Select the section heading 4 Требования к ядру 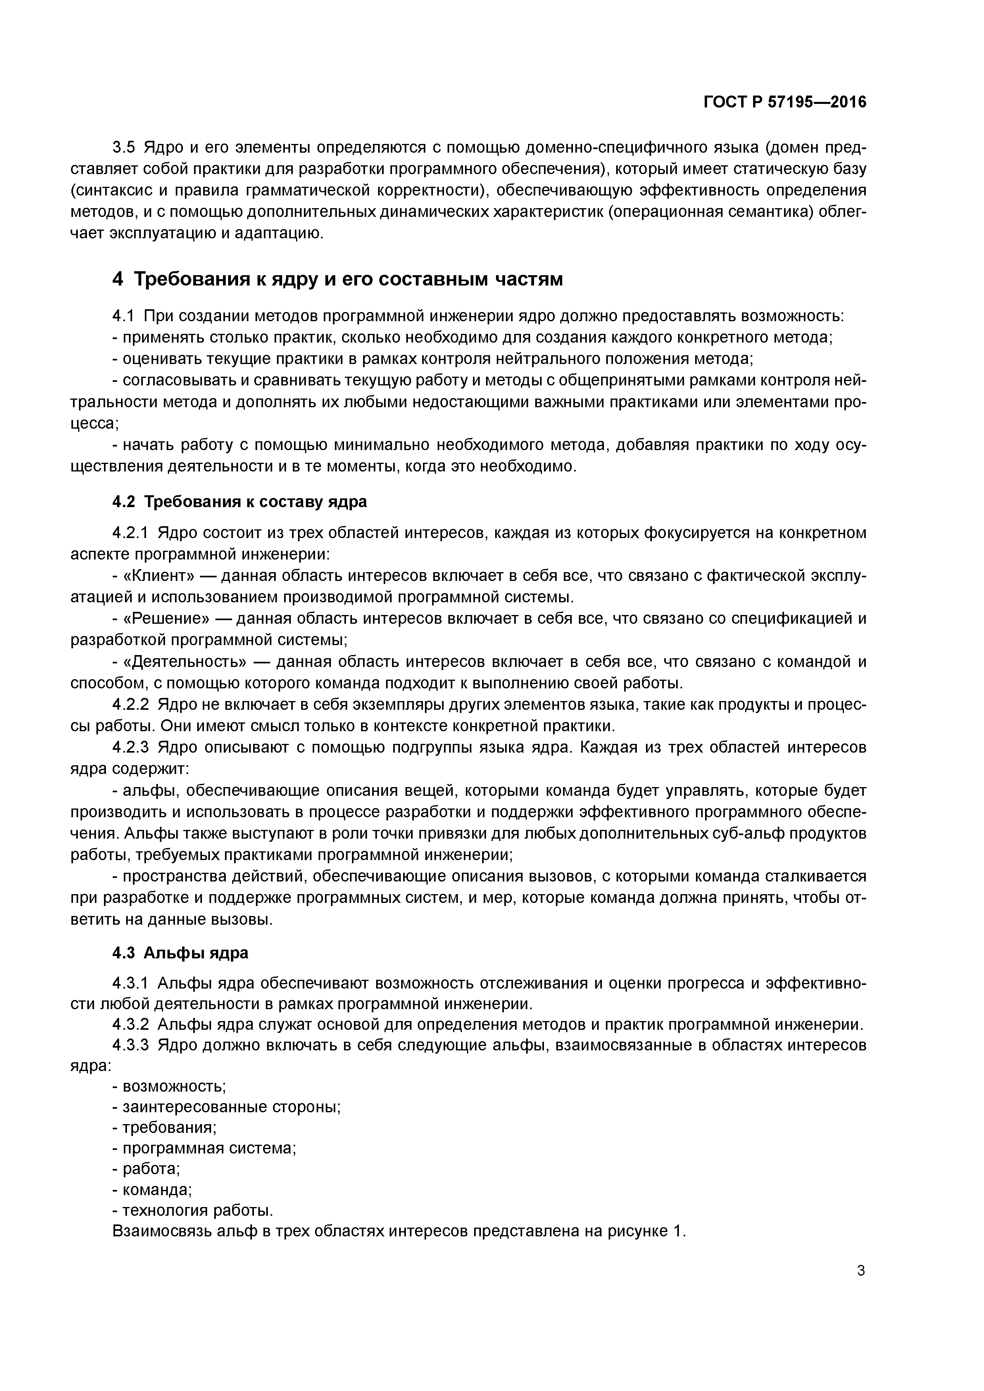pyautogui.click(x=338, y=279)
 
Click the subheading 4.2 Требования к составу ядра pyautogui.click(x=240, y=502)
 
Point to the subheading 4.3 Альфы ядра pyautogui.click(x=181, y=953)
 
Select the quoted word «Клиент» pyautogui.click(x=159, y=575)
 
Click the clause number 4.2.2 pyautogui.click(x=131, y=705)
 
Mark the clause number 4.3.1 pyautogui.click(x=131, y=983)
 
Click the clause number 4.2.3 pyautogui.click(x=131, y=747)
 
